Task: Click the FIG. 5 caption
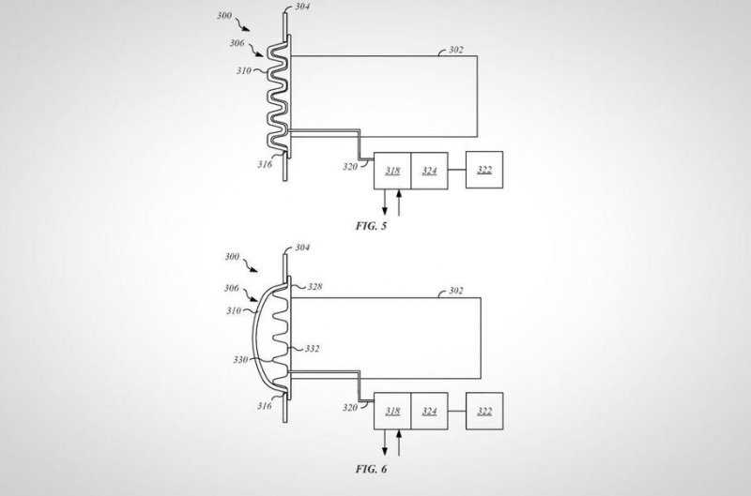(371, 226)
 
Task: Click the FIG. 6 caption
(371, 469)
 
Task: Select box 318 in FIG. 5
(392, 171)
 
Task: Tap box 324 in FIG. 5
(430, 171)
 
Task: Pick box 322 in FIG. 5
(484, 170)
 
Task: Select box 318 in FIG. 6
(392, 412)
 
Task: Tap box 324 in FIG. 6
(430, 412)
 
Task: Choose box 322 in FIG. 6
(484, 412)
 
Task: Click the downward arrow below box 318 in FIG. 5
(385, 203)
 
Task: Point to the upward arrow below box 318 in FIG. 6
(399, 443)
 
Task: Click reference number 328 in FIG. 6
(314, 287)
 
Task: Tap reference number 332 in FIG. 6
(312, 349)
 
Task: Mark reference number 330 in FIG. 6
(240, 360)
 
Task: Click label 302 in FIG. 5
(456, 50)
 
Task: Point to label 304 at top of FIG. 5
(302, 7)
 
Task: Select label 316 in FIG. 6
(265, 406)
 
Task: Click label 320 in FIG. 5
(350, 167)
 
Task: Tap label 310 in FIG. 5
(244, 70)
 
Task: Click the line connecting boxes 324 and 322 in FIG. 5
(457, 171)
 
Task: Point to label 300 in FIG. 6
(232, 257)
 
